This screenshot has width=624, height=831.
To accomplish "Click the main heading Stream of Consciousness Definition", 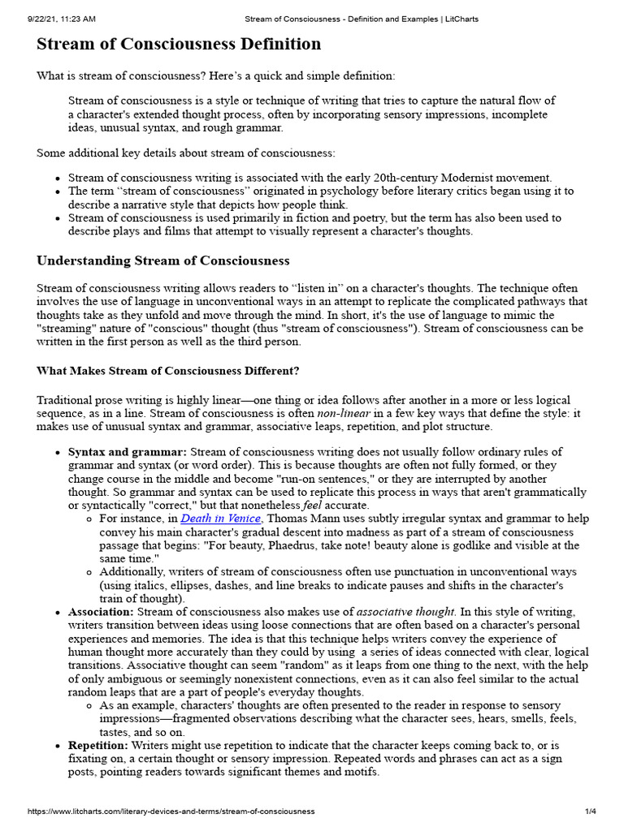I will (x=179, y=44).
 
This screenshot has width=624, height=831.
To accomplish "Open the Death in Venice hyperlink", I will (x=220, y=519).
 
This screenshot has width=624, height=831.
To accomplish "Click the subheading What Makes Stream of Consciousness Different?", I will (x=168, y=371).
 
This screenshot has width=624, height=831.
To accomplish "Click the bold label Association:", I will (x=101, y=611).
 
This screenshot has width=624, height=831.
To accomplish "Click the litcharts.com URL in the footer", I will (x=171, y=812).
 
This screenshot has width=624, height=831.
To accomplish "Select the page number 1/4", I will (x=591, y=812).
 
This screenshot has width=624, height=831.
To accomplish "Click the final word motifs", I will (x=359, y=771).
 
